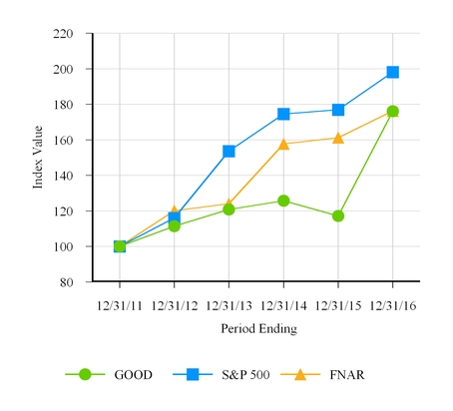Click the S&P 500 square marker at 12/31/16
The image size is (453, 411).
[393, 72]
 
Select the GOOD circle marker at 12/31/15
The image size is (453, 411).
[338, 215]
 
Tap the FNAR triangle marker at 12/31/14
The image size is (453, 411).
[283, 144]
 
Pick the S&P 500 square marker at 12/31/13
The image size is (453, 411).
[228, 151]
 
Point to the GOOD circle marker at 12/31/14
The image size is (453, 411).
[283, 201]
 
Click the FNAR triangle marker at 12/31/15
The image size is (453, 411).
[338, 138]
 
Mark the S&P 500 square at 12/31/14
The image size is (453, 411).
[283, 114]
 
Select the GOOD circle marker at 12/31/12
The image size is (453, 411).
[175, 225]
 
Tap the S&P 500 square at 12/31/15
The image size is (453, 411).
[338, 110]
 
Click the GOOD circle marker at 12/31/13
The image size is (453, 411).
[228, 209]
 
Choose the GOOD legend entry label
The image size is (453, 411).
[134, 375]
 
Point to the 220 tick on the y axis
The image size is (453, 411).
[63, 34]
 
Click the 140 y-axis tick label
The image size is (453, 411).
[63, 141]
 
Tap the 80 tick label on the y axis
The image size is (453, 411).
[67, 282]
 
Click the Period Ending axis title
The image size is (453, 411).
[256, 327]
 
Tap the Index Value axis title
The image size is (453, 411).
[37, 158]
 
